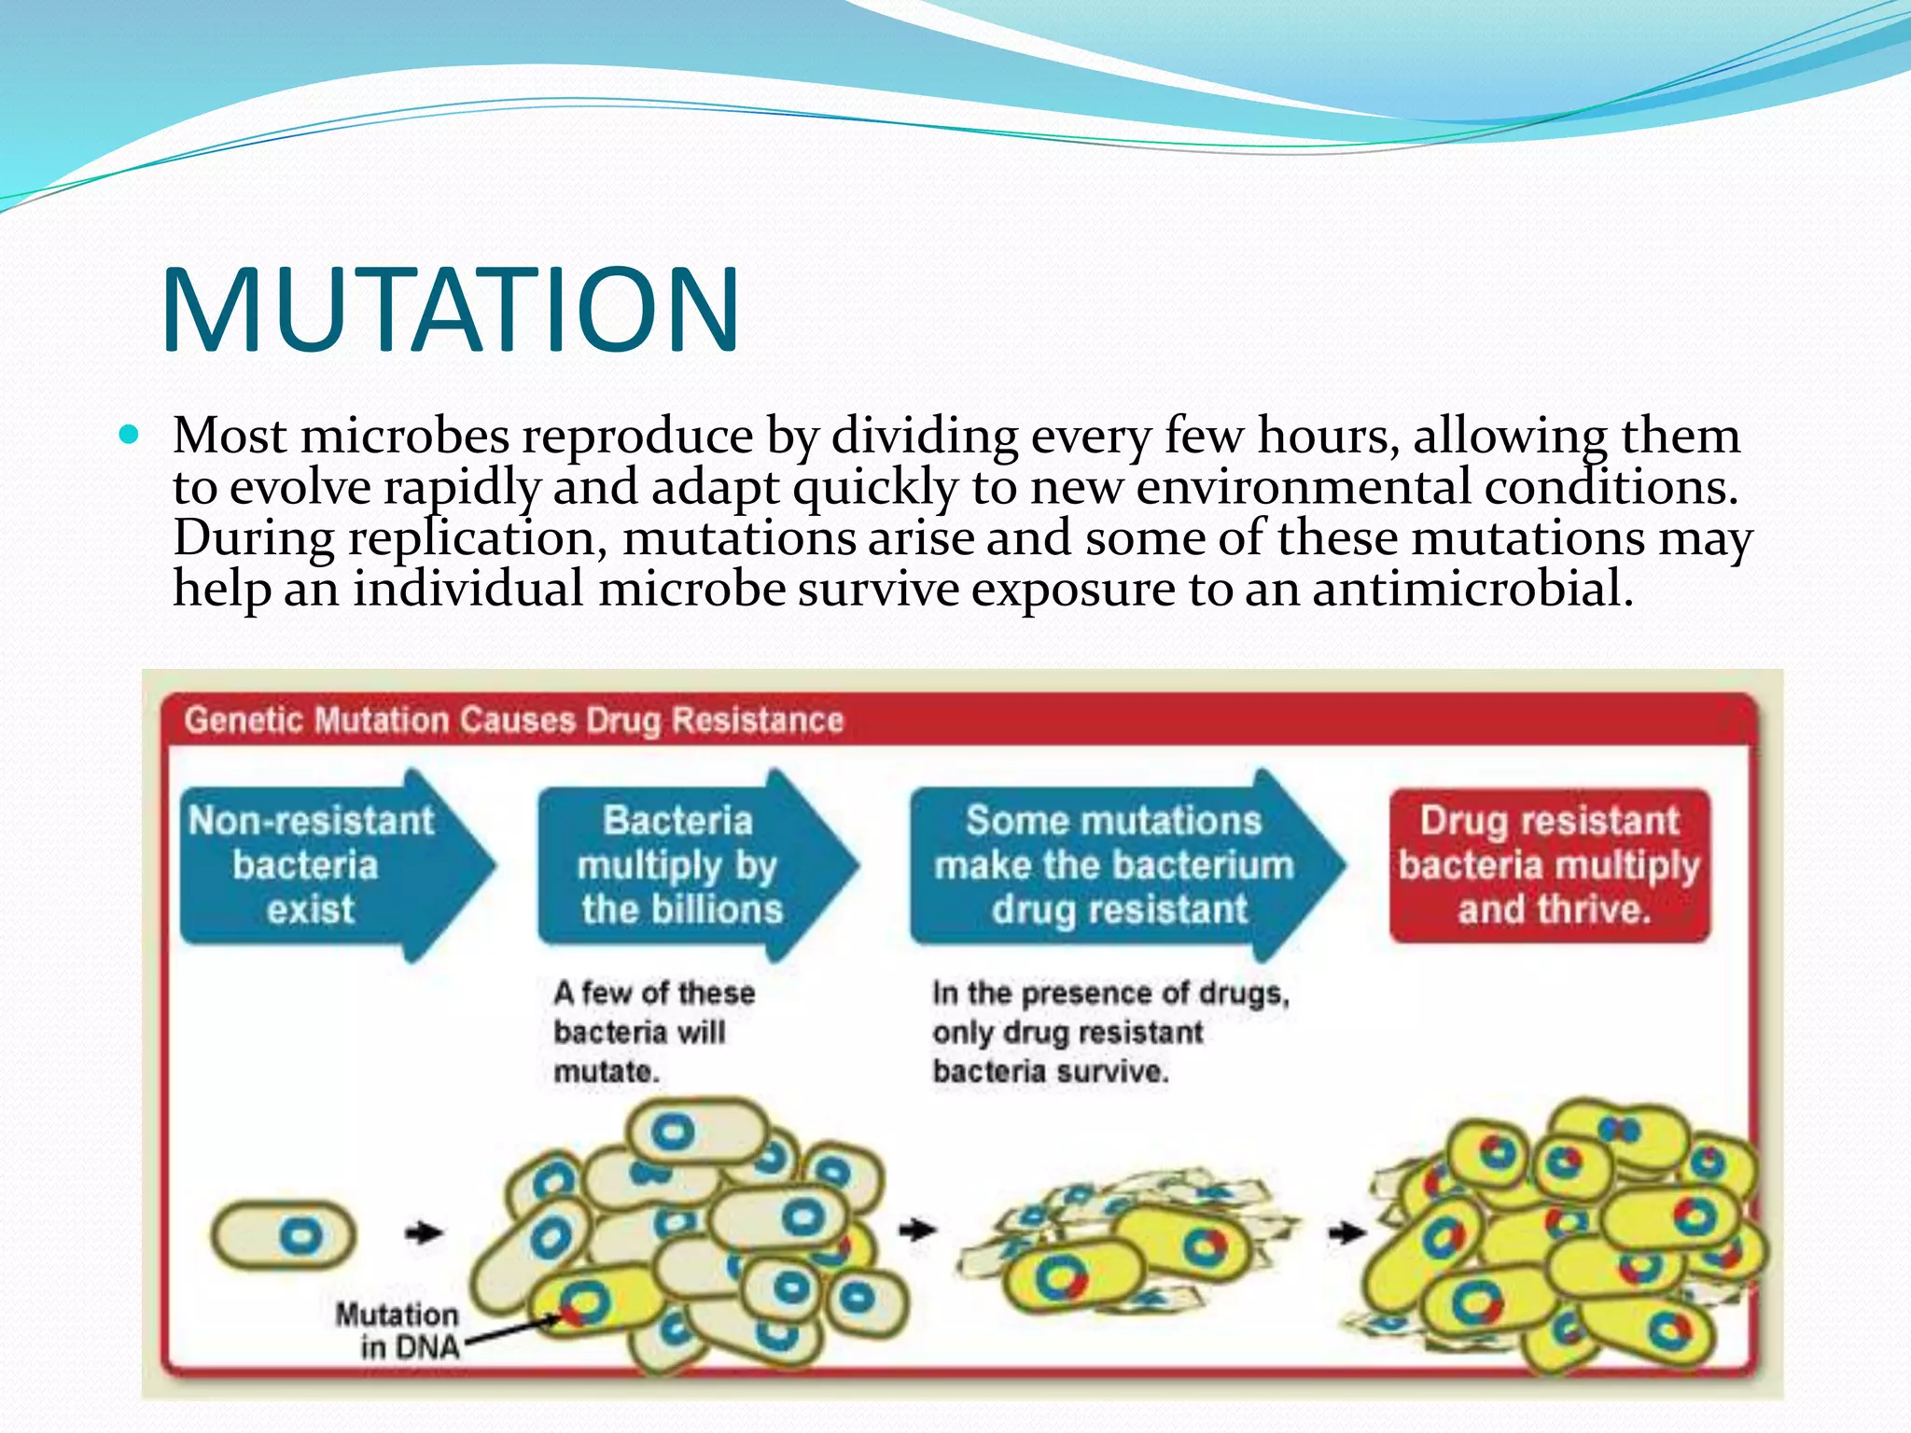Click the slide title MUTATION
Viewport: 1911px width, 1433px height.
coord(451,311)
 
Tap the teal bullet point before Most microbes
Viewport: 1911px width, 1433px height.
coord(130,435)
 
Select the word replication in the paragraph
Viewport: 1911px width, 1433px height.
coord(477,539)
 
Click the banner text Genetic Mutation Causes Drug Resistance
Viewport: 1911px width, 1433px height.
coord(513,720)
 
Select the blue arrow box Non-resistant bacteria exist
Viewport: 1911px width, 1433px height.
coord(317,866)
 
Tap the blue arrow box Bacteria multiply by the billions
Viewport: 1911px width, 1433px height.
coord(681,866)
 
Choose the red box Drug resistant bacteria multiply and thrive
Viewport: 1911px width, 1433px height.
coord(1549,866)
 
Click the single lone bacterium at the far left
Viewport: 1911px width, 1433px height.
coord(284,1235)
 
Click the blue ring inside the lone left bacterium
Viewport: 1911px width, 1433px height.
coord(301,1236)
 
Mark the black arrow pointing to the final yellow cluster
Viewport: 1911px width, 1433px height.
coord(1346,1233)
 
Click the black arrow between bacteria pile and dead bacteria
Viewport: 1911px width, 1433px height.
coord(917,1230)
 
